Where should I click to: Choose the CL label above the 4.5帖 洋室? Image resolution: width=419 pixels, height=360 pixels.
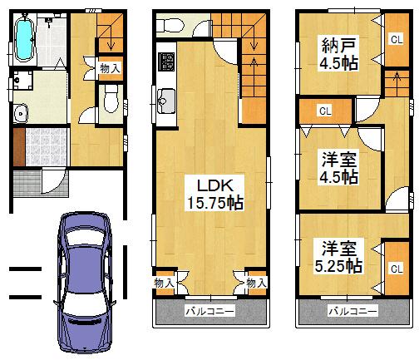tap(324, 110)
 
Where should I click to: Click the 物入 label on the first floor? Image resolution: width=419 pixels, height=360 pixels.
tap(110, 67)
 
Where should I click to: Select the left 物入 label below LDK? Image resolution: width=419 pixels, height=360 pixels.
tap(164, 284)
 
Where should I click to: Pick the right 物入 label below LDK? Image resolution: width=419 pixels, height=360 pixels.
tap(256, 284)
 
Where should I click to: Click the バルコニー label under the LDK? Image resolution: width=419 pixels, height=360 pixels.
tap(209, 311)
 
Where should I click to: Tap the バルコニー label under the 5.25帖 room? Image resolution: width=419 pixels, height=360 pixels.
tap(352, 311)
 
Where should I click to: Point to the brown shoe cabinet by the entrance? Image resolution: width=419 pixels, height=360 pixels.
tap(18, 146)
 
